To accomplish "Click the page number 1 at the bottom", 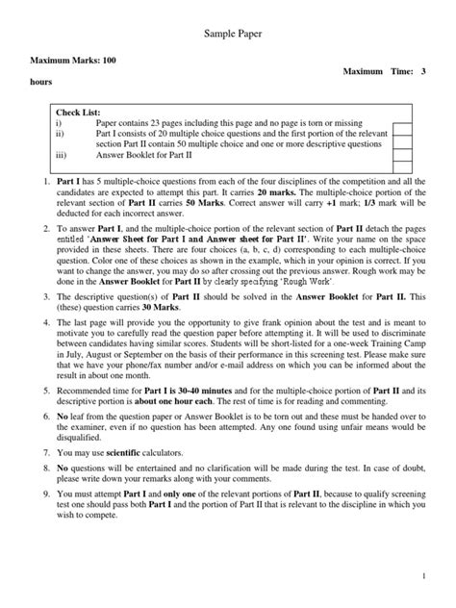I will [422, 574].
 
